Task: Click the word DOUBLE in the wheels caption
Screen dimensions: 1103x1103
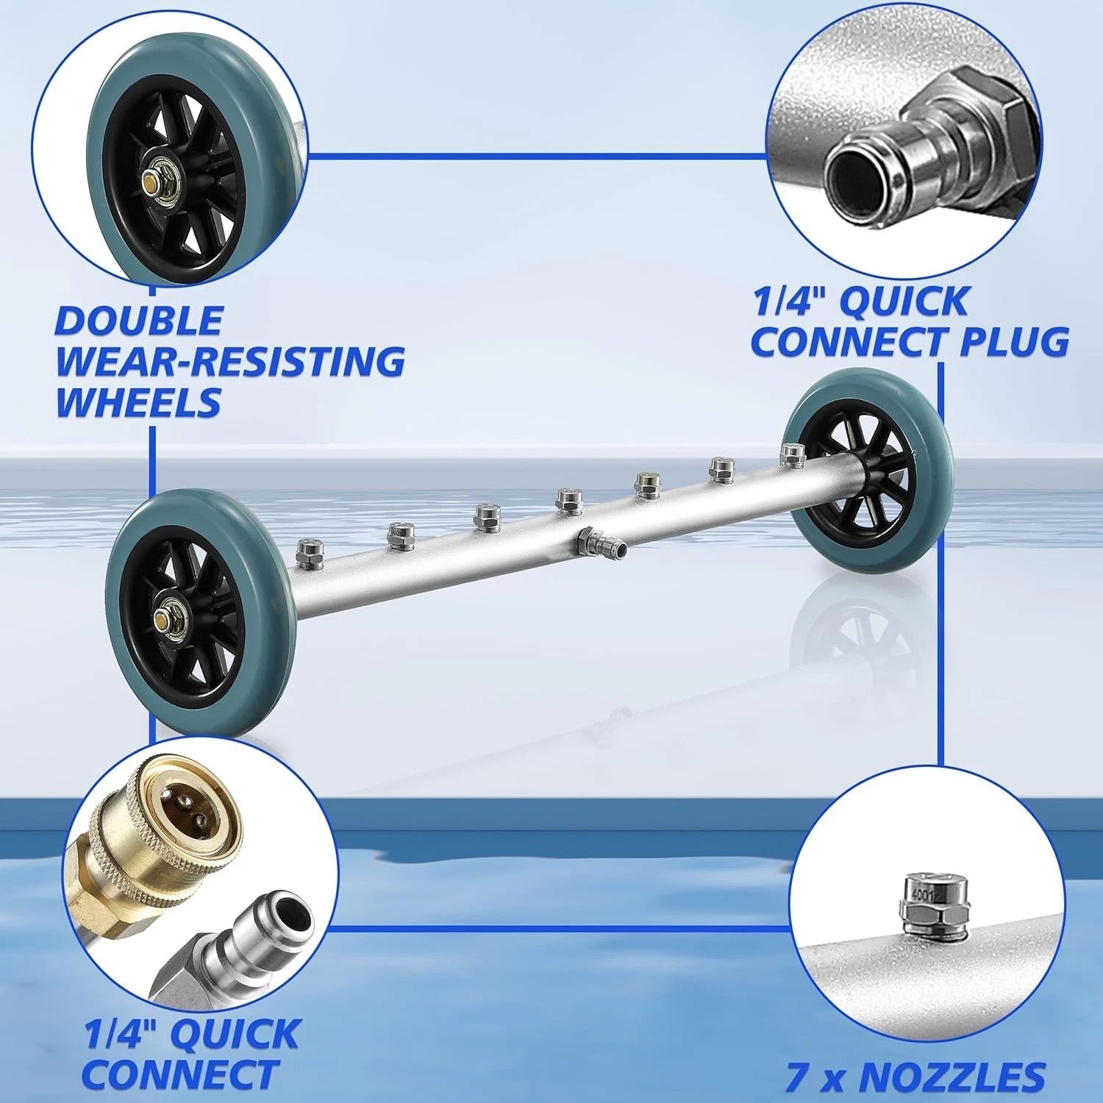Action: pyautogui.click(x=139, y=321)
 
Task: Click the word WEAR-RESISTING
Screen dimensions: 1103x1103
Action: pyautogui.click(x=230, y=361)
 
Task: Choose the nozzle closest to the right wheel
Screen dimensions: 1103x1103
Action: pyautogui.click(x=791, y=454)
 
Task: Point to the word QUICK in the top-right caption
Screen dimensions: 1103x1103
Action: pyautogui.click(x=907, y=301)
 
